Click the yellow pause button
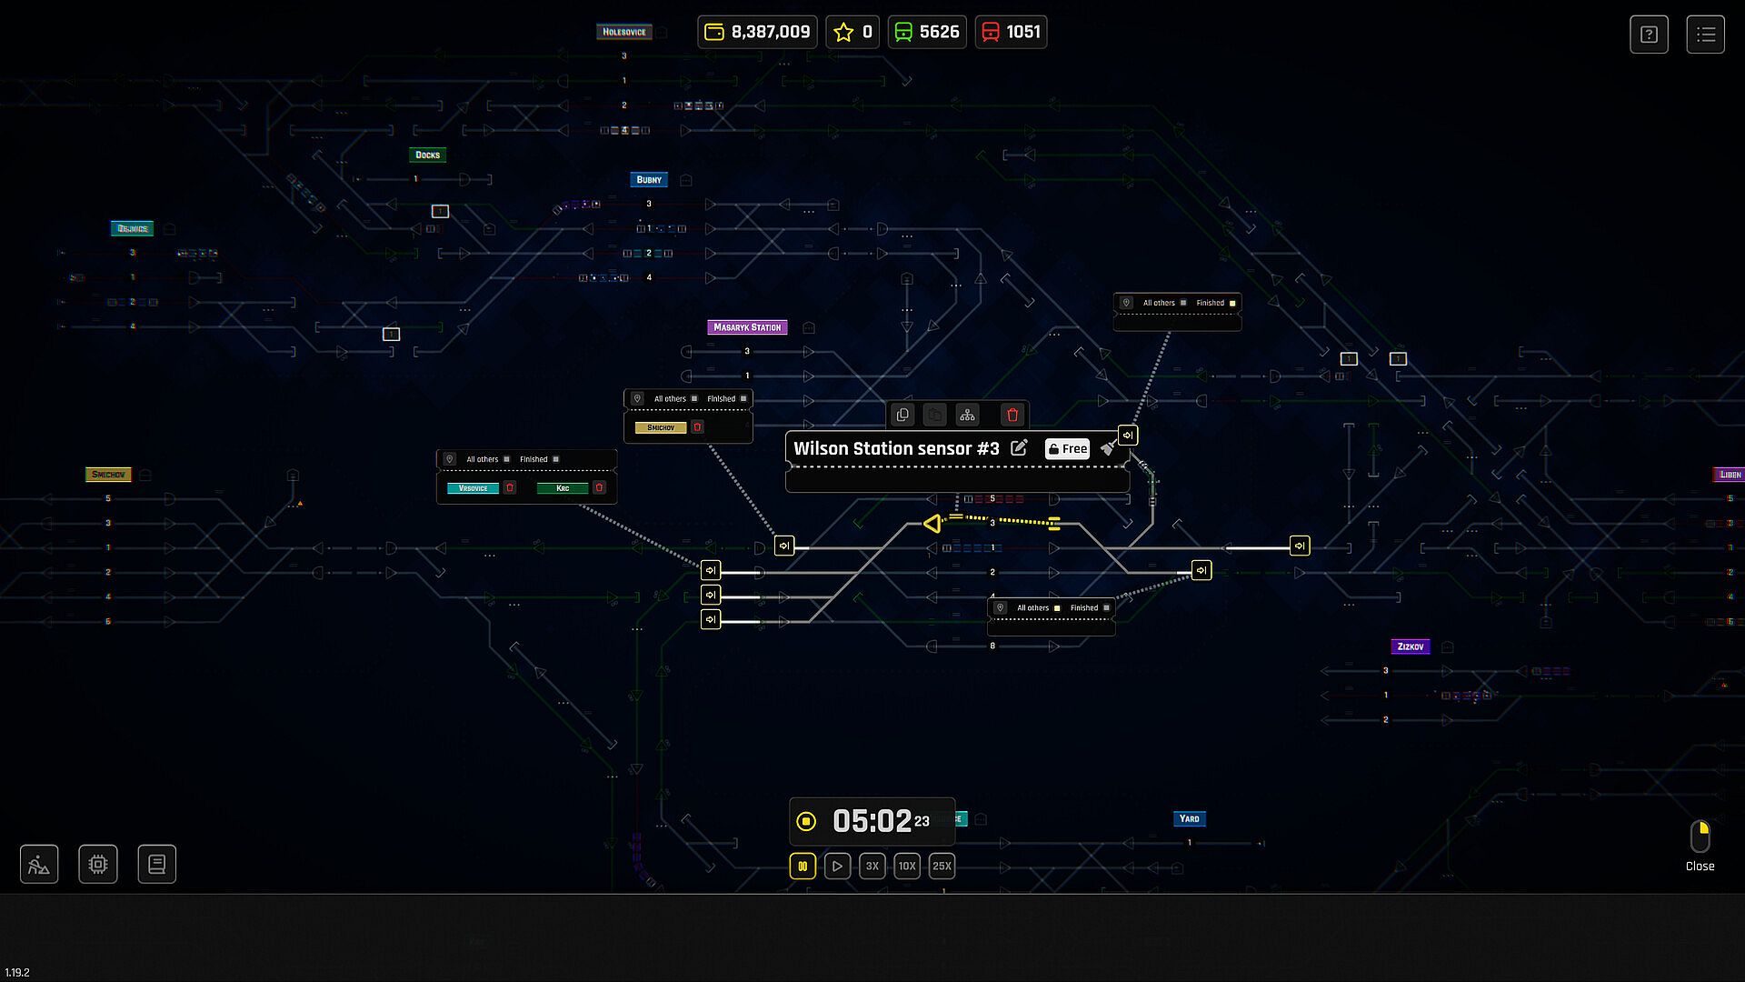click(x=803, y=866)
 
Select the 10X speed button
click(x=907, y=866)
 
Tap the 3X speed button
click(x=872, y=866)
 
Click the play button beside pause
click(x=837, y=866)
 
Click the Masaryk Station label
click(x=747, y=327)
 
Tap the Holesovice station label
click(x=624, y=32)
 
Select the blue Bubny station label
click(x=649, y=180)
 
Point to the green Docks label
click(x=427, y=155)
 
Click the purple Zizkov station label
click(x=1411, y=646)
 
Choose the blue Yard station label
click(x=1189, y=818)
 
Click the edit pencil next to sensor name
click(x=1020, y=448)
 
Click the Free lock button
click(x=1067, y=448)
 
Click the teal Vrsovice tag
click(x=473, y=488)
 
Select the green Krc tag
click(x=563, y=488)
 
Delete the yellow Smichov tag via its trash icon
click(x=698, y=427)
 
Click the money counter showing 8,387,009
click(x=758, y=32)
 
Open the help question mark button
click(x=1649, y=35)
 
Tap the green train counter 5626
click(x=927, y=32)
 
